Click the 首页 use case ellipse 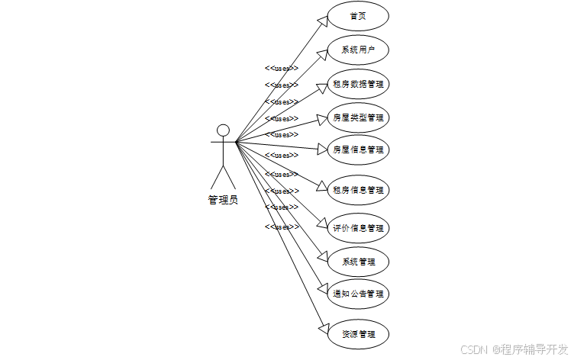click(358, 16)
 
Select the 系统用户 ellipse click(358, 50)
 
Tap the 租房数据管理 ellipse click(358, 84)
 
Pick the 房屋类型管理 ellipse click(358, 117)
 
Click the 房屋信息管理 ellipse click(358, 149)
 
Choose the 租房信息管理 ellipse click(358, 190)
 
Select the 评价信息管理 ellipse click(358, 228)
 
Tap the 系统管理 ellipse click(358, 262)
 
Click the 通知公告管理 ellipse click(358, 293)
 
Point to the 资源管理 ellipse click(358, 334)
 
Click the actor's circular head click(223, 130)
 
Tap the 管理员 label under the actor click(223, 200)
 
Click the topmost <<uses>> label click(282, 68)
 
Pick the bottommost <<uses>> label click(282, 227)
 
